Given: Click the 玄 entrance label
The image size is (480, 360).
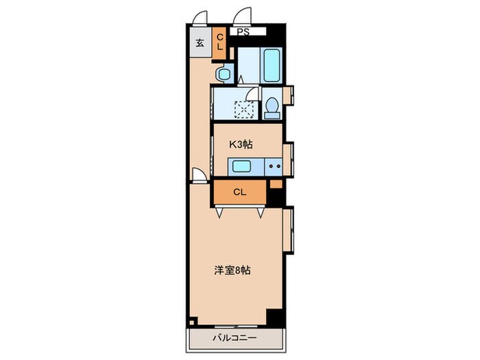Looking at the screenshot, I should (200, 43).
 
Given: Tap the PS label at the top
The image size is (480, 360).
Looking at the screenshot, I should (243, 32).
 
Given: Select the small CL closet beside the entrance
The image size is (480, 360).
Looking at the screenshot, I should (221, 42).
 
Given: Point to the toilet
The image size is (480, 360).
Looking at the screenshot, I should (272, 108).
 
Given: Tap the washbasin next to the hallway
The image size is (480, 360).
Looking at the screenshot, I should (223, 73).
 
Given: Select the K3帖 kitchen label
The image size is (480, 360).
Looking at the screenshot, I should (241, 144).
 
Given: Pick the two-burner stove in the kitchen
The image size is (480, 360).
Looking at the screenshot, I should (274, 165).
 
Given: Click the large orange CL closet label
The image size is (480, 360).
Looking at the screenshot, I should (239, 192).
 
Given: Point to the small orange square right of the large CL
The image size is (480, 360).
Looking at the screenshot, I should (276, 184).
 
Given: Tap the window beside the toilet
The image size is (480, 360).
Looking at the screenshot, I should (289, 95).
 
